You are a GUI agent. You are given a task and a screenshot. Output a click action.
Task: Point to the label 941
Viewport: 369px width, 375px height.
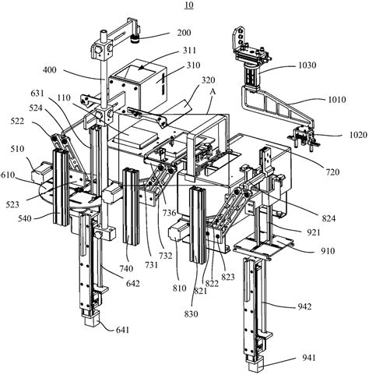(307, 358)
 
